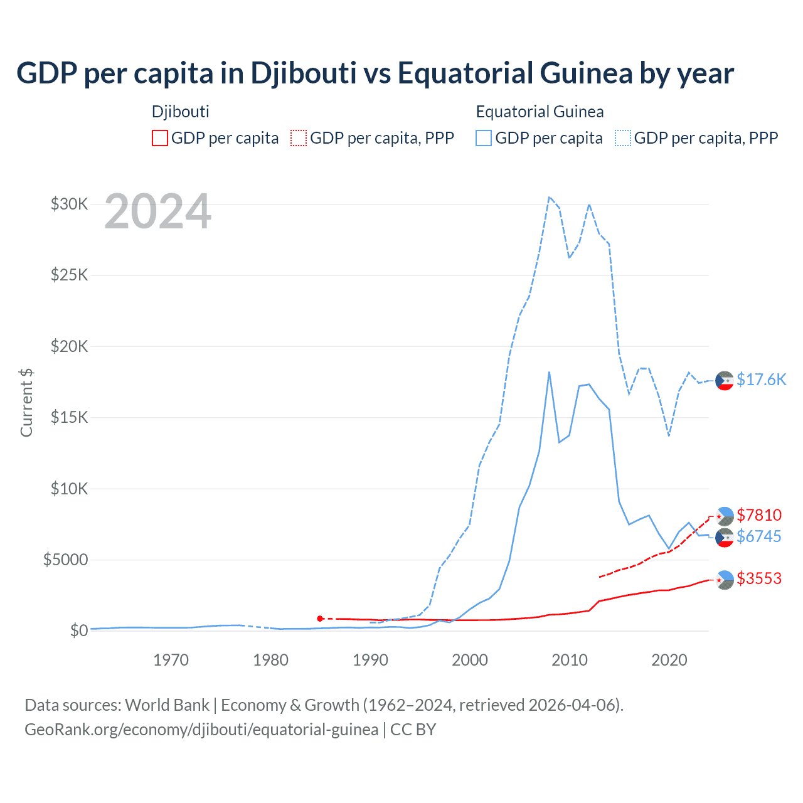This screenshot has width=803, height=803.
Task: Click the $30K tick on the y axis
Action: (69, 204)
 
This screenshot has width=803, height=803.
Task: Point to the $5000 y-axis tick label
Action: (65, 560)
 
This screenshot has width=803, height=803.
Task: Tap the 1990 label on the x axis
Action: (370, 660)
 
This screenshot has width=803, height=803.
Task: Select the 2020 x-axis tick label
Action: (669, 660)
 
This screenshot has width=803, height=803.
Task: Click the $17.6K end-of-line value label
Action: (761, 380)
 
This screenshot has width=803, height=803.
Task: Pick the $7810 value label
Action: (759, 515)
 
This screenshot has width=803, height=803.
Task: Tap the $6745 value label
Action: (759, 536)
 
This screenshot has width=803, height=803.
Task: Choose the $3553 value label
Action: (759, 578)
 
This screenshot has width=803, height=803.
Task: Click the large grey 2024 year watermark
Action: (157, 211)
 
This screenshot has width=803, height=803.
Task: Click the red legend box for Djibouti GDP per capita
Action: (160, 138)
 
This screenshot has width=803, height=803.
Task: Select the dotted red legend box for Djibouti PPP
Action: (299, 138)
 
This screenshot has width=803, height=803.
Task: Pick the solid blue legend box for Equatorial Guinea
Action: (484, 138)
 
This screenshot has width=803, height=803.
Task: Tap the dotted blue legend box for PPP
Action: (623, 138)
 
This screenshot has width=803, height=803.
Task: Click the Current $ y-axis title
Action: (26, 403)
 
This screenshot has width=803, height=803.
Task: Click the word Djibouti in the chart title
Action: (304, 73)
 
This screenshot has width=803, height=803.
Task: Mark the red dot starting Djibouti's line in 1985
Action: (320, 619)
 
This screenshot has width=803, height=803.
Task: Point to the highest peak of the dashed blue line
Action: (549, 197)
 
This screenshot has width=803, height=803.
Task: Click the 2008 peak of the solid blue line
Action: (549, 372)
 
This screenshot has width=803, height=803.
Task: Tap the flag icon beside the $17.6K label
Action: (725, 380)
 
